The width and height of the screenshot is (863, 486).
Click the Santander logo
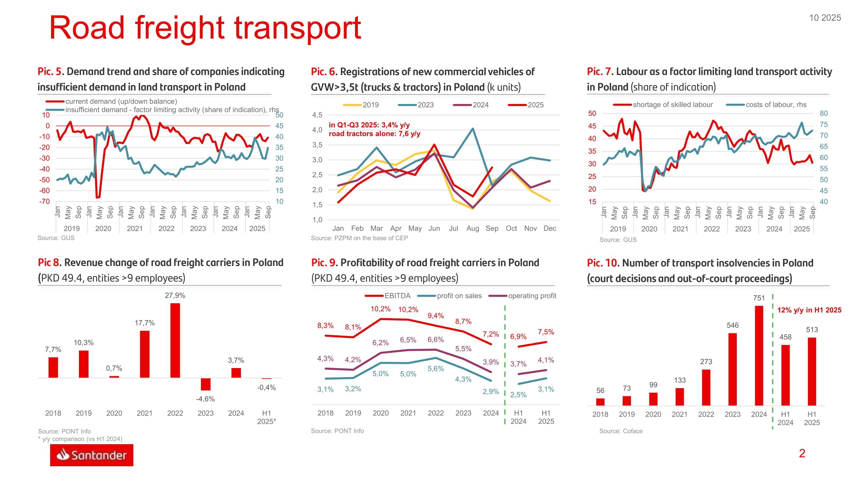(x=92, y=455)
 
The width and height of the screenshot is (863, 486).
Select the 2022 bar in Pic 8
(x=175, y=340)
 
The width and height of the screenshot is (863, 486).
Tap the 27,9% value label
(x=175, y=295)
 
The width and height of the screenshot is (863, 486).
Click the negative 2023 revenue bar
(x=205, y=384)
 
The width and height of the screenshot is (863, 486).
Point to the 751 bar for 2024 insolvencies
(x=759, y=355)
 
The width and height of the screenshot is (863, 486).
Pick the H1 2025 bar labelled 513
(x=812, y=371)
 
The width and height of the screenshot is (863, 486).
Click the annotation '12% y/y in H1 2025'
(x=809, y=310)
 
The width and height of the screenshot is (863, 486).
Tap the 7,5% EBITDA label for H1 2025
(x=546, y=332)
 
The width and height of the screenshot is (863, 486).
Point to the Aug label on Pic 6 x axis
(x=472, y=228)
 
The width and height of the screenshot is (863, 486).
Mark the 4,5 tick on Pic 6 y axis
(x=317, y=115)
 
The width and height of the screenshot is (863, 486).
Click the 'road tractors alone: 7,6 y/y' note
(x=374, y=134)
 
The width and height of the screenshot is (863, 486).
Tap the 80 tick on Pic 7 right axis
(x=824, y=113)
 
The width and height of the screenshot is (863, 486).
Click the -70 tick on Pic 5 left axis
(x=45, y=202)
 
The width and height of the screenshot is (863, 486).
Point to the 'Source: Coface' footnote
(x=621, y=431)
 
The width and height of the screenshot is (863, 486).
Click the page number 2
(x=802, y=454)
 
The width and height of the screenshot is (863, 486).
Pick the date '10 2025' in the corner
(x=825, y=18)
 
